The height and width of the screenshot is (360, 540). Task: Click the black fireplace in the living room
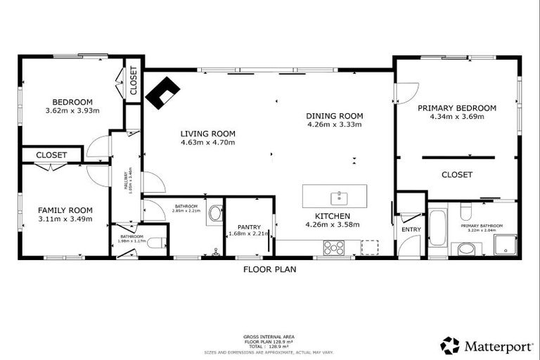coord(162,92)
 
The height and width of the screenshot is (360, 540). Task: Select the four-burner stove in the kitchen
coord(333,247)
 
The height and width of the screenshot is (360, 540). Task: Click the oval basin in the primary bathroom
coord(465,248)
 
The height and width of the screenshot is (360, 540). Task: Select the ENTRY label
coord(411,230)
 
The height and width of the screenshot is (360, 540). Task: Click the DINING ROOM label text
coord(334,116)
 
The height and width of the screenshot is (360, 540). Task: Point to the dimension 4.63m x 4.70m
coord(207,143)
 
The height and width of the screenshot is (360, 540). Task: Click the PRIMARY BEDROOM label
coord(456,108)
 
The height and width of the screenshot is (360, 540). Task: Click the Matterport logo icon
coord(450,345)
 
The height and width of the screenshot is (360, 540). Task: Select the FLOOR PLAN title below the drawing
coord(270,269)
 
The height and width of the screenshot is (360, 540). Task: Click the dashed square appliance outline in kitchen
coord(369,247)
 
